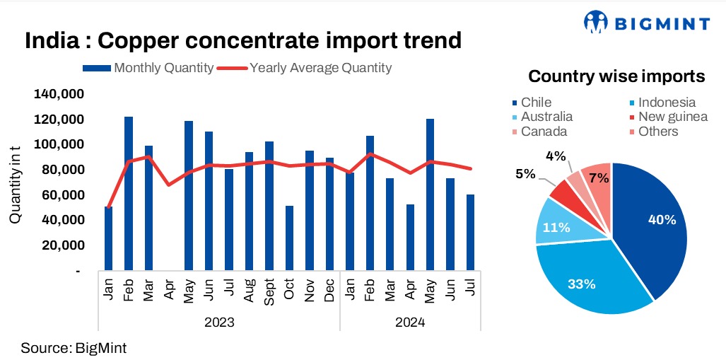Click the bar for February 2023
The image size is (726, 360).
tap(129, 193)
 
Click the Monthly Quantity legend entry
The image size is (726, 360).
tap(148, 68)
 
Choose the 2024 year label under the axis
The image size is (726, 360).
tap(410, 323)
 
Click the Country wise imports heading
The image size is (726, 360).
tap(616, 76)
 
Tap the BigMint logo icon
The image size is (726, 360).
tap(596, 22)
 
